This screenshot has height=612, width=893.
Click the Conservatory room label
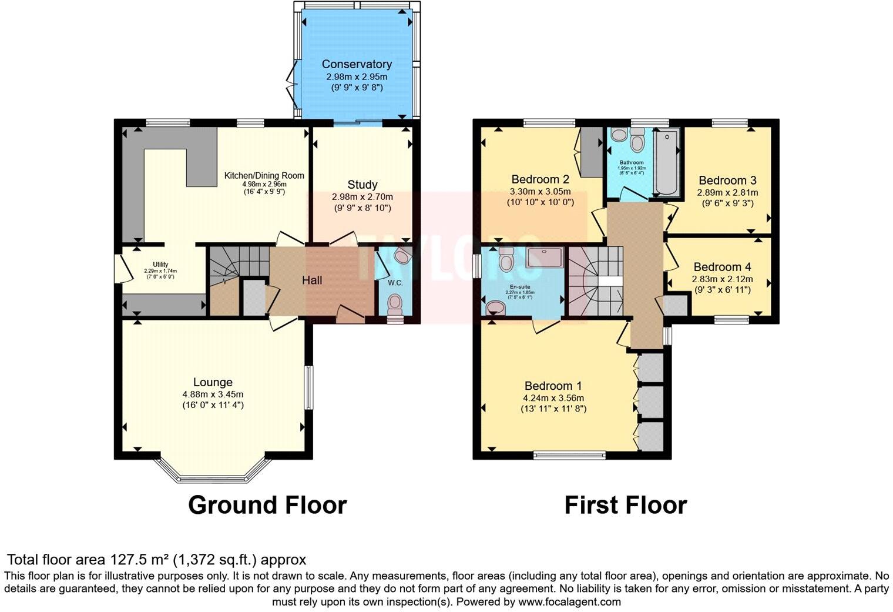357,64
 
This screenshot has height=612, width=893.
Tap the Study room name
362,185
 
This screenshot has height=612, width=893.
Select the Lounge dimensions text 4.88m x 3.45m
213,394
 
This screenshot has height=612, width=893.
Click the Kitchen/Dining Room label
264,175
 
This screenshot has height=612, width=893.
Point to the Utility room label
160,265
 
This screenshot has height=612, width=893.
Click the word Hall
312,280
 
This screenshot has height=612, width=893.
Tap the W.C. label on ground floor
395,283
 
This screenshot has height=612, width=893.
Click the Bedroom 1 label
553,386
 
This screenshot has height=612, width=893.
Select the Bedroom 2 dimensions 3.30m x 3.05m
540,191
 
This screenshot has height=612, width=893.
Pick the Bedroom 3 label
727,180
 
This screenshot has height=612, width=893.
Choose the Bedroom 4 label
722,267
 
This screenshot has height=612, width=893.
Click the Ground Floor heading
267,505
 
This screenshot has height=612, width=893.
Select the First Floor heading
625,505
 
